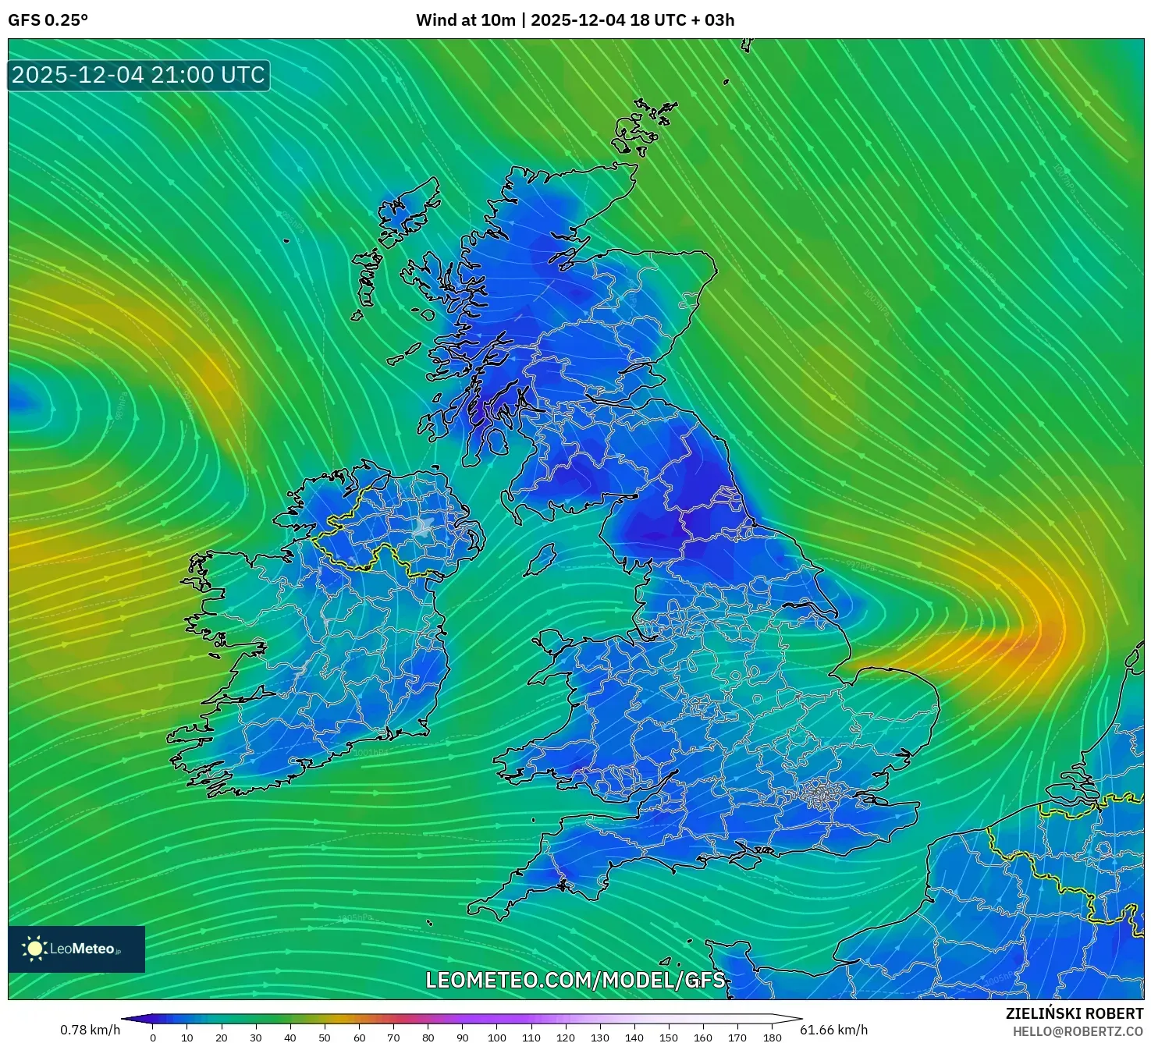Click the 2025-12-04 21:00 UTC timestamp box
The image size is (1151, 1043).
tap(138, 76)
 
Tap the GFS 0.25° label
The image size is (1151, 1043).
tap(48, 20)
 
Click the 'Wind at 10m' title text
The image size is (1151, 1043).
tap(465, 20)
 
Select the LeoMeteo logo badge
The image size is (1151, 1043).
tap(76, 949)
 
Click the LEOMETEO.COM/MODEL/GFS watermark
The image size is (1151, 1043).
tap(575, 980)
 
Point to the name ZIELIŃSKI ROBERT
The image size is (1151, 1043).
tap(1074, 1013)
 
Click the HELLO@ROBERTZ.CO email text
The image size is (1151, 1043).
tap(1078, 1031)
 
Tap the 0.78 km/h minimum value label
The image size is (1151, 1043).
tap(90, 1030)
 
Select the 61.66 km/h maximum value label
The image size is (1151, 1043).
tap(833, 1030)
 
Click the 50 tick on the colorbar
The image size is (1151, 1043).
tap(325, 1038)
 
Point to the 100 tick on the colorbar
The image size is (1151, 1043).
tap(497, 1038)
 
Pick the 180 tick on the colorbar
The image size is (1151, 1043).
tap(773, 1038)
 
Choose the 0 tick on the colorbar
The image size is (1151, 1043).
tap(153, 1038)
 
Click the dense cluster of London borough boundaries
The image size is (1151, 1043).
tap(819, 794)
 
